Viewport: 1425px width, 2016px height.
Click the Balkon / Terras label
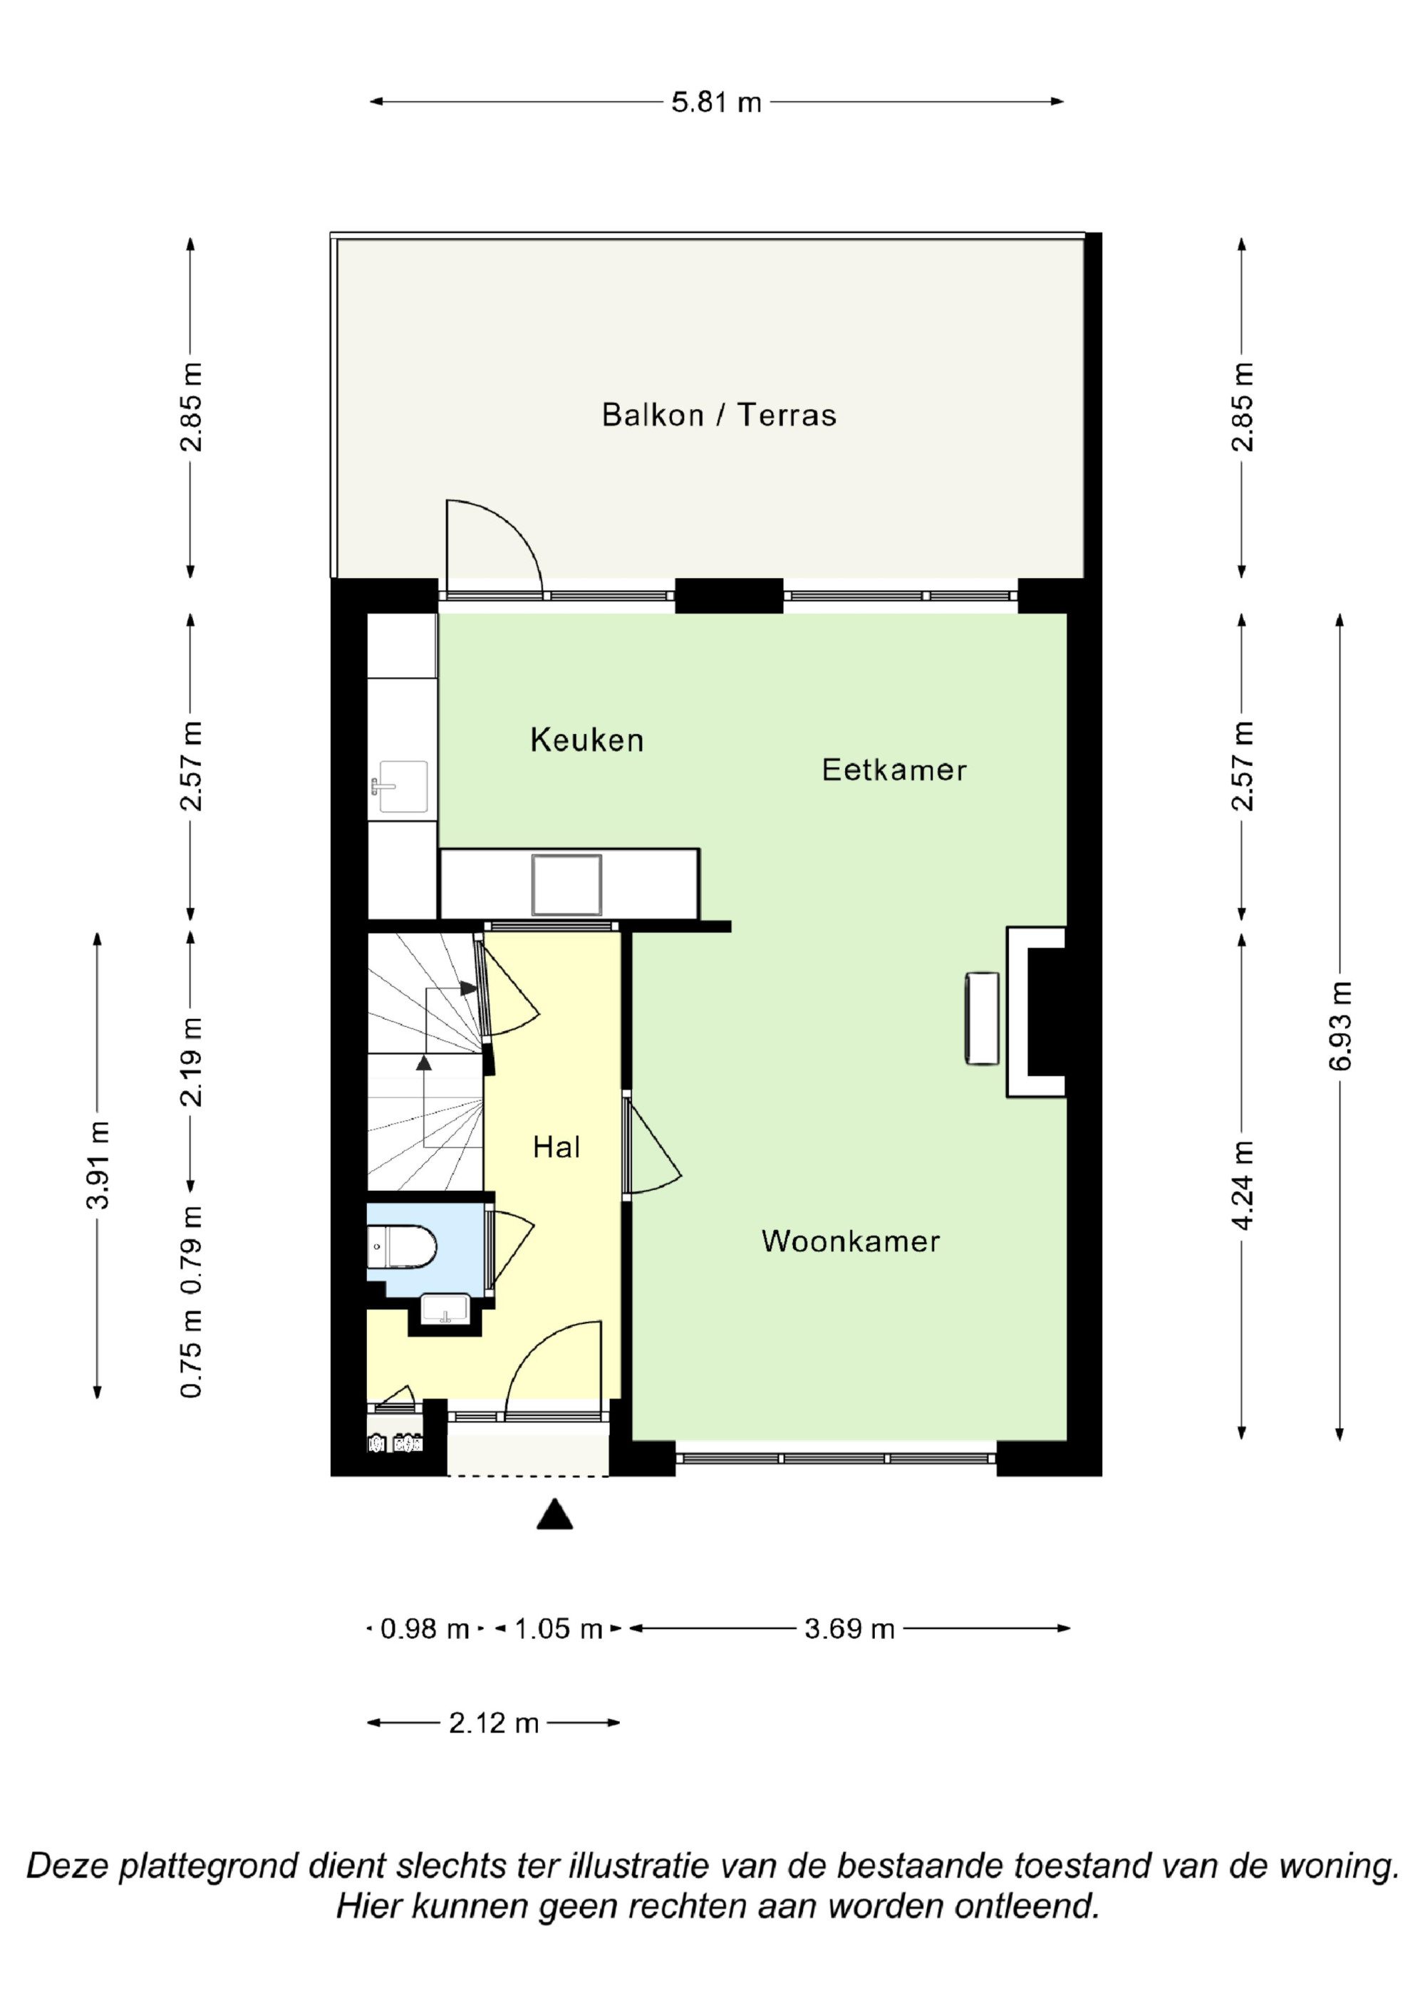(x=718, y=415)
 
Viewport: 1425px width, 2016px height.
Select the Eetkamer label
(x=893, y=770)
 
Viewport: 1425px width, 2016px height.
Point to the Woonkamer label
(x=851, y=1241)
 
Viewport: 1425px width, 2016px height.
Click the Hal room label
(x=556, y=1147)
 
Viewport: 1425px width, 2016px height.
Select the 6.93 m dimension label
(x=1341, y=1025)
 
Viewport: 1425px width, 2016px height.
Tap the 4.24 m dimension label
(x=1243, y=1184)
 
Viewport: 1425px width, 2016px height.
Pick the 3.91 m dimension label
(x=98, y=1164)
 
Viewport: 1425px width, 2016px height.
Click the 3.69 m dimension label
(x=849, y=1629)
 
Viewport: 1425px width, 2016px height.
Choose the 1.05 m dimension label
(x=558, y=1629)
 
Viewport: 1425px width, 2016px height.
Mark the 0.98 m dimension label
(x=425, y=1629)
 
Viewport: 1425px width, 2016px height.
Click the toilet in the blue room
(x=402, y=1246)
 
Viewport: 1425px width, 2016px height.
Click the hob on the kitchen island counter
(x=566, y=884)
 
